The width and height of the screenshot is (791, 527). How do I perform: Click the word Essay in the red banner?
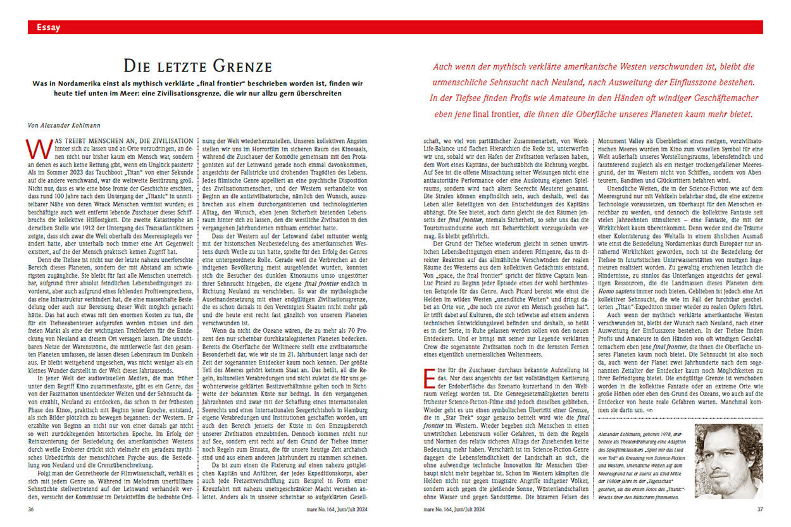coord(49,27)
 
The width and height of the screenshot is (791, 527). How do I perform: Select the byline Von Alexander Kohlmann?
coord(65,125)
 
